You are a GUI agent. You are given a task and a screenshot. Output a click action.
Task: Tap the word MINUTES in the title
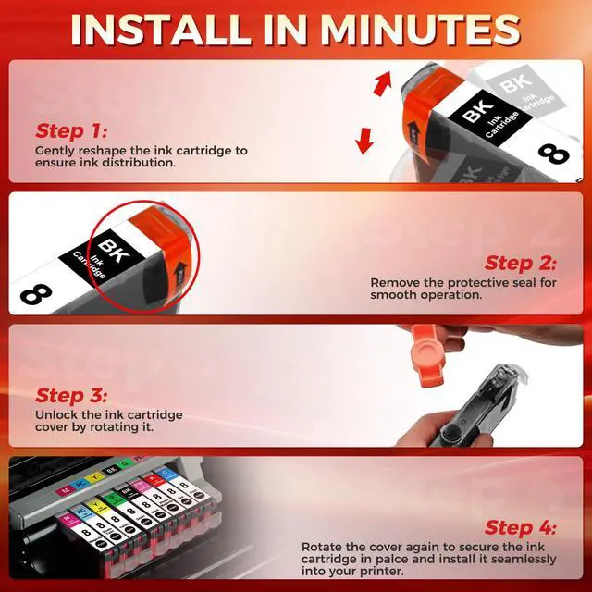420,31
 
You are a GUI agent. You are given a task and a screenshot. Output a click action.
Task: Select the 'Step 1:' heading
71,131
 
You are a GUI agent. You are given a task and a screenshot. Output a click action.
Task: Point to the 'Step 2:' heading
520,263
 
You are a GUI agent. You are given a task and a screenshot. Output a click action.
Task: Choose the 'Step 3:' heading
71,395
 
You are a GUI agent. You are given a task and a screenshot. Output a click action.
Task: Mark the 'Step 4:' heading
520,527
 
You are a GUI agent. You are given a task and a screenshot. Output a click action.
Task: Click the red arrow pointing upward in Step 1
382,83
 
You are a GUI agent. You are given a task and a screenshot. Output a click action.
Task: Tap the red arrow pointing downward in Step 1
364,141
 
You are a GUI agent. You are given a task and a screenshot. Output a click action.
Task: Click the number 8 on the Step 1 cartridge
554,154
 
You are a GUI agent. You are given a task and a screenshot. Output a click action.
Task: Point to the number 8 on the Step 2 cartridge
36,294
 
